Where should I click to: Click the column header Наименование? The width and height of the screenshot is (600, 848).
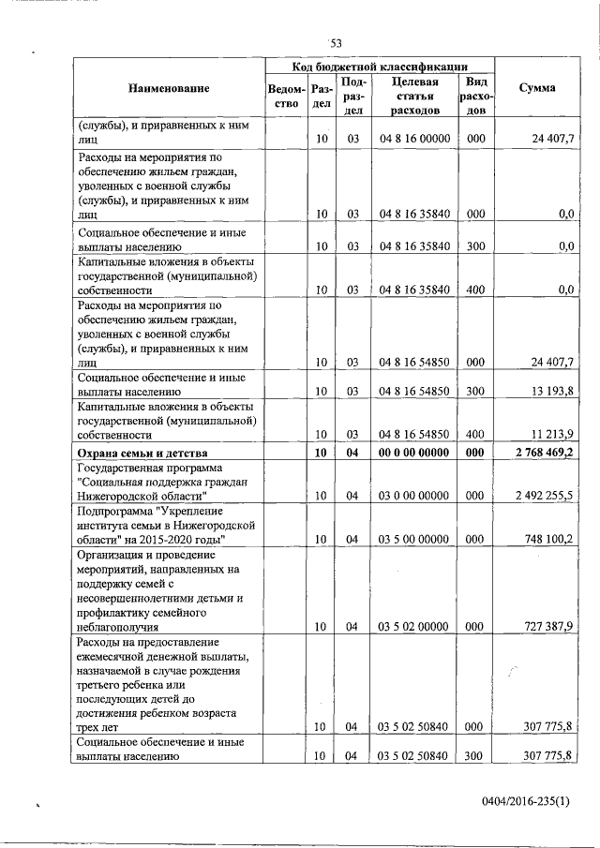coord(170,88)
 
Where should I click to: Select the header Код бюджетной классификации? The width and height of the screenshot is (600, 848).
coord(380,67)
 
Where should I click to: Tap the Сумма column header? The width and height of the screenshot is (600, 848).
coord(536,88)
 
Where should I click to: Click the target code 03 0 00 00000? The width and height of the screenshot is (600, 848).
coord(414,496)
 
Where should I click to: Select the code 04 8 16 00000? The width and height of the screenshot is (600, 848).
coord(414,139)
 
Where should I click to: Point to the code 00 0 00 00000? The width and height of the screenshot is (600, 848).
coord(414,454)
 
